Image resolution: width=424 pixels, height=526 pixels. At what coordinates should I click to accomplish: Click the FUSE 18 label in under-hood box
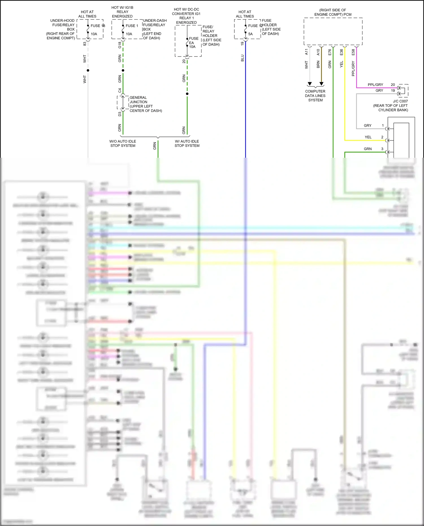click(98, 26)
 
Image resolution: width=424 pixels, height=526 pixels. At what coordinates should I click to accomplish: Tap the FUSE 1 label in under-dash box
click(132, 26)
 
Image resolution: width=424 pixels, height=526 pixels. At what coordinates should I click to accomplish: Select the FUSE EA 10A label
click(193, 43)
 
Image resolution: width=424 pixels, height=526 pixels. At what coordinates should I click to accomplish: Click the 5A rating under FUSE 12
click(250, 34)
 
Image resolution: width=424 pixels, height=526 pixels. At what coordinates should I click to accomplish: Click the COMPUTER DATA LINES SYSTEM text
click(315, 96)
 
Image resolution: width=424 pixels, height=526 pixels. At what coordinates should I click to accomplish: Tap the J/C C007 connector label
click(400, 101)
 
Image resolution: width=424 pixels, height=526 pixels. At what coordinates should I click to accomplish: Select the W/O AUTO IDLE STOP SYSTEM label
click(123, 143)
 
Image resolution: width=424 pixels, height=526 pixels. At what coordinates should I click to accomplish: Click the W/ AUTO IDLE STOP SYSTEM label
click(187, 143)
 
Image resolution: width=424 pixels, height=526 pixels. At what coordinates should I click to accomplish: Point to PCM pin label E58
click(353, 52)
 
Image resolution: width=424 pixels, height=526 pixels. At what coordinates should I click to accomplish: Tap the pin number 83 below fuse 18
click(85, 44)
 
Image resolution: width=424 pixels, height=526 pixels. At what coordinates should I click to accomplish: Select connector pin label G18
click(120, 45)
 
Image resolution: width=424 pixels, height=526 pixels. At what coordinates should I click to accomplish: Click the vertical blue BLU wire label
click(243, 58)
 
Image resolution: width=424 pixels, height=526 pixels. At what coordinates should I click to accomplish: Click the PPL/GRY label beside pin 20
click(375, 85)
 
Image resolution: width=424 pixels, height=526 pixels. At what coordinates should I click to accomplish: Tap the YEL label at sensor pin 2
click(368, 137)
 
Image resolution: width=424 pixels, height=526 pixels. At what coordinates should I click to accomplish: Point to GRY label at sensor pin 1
click(367, 125)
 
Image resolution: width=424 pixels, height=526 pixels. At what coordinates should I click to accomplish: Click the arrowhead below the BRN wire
click(321, 84)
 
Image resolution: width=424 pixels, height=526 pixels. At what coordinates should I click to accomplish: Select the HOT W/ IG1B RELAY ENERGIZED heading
click(122, 12)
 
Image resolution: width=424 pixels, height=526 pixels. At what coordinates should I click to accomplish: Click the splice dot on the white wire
click(88, 70)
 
